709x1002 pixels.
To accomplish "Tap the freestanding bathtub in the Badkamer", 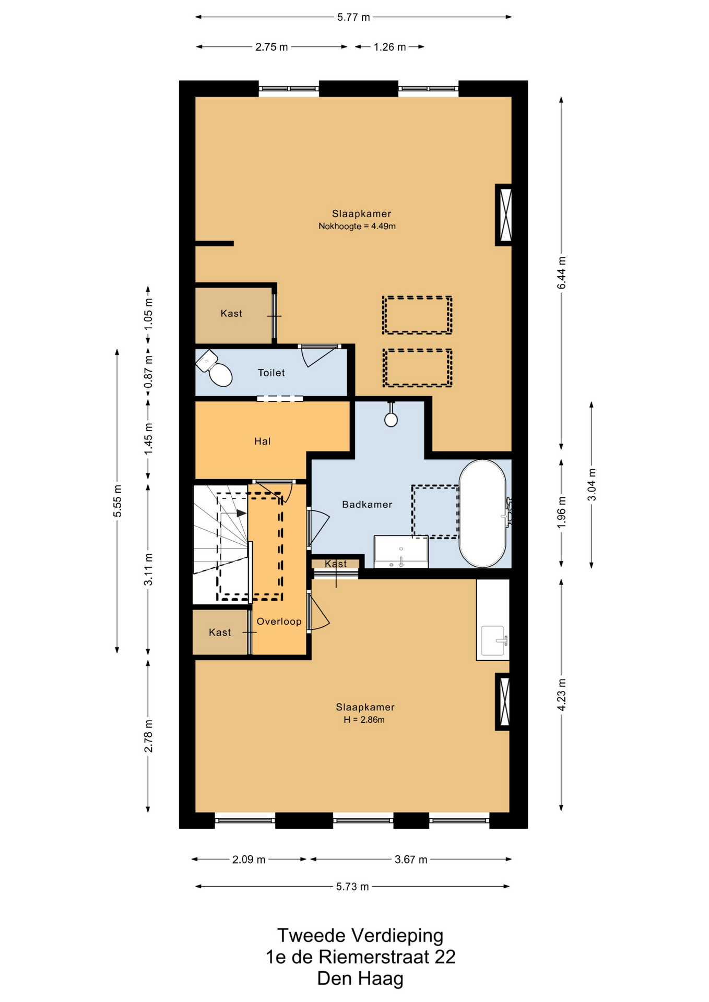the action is click(482, 514).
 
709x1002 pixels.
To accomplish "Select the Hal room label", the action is click(263, 442).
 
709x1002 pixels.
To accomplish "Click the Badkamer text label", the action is click(367, 505).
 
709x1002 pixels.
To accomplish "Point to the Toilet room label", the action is click(271, 373).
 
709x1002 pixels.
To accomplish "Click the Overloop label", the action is click(279, 622).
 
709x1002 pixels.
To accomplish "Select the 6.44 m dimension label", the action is click(561, 273).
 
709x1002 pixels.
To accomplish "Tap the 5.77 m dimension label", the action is click(353, 17).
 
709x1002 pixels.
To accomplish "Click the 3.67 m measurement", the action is click(411, 860).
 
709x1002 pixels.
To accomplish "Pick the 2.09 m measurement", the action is click(249, 860).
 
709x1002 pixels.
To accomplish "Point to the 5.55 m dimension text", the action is click(117, 501).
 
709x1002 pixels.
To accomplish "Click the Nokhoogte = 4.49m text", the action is click(357, 226).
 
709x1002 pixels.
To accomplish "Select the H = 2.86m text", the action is click(364, 720).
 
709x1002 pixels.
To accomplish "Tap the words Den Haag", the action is click(360, 979).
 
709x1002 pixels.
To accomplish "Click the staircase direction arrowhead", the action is click(241, 513).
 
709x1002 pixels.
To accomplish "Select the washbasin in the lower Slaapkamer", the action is click(493, 641).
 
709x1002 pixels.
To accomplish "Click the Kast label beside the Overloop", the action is click(220, 633).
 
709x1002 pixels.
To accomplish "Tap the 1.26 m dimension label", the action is click(389, 47).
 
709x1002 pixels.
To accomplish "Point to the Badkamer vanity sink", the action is click(401, 552).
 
